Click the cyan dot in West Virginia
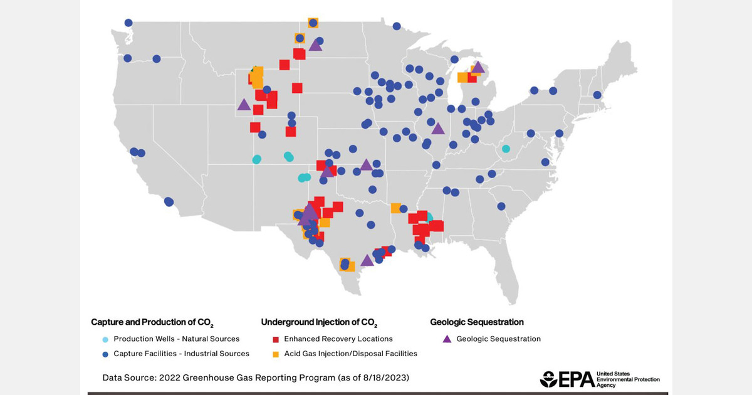(506, 149)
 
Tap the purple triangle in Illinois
(437, 129)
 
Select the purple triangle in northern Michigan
(478, 68)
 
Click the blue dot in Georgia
(501, 206)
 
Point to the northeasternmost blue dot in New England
(598, 95)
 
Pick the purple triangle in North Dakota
(315, 45)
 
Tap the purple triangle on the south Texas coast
(367, 260)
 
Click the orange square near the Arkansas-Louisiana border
(396, 208)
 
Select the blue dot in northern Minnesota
(397, 26)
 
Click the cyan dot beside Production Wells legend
(105, 339)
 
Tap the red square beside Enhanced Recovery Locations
(275, 339)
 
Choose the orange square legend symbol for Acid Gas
(275, 354)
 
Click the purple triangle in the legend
(447, 339)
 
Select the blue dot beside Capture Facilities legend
(105, 354)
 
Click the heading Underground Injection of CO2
(319, 323)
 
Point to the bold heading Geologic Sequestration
(476, 322)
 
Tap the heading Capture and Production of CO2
(152, 323)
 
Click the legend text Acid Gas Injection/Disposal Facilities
(350, 354)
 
